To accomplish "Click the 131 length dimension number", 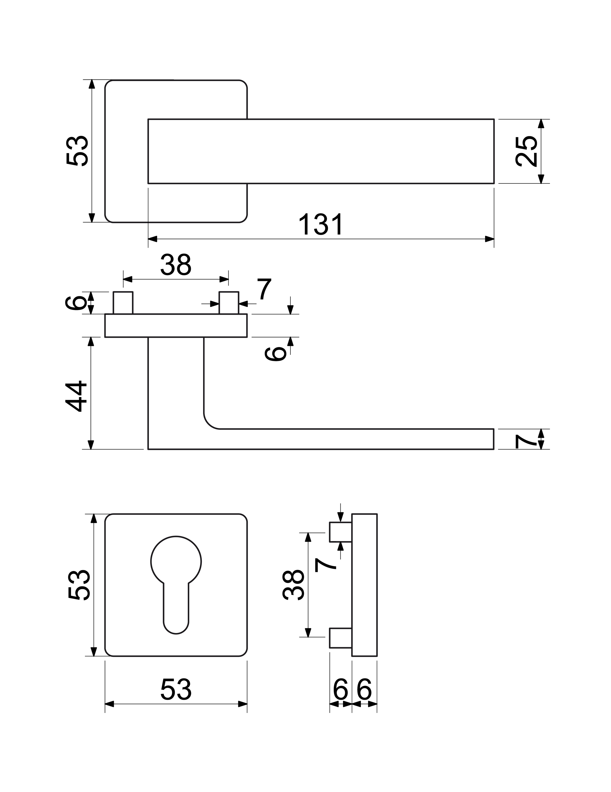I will tap(321, 224).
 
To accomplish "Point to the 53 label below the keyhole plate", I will tap(176, 689).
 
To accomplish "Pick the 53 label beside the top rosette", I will tap(77, 150).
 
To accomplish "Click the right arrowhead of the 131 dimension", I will tap(489, 239).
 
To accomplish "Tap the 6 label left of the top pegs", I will tap(75, 303).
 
